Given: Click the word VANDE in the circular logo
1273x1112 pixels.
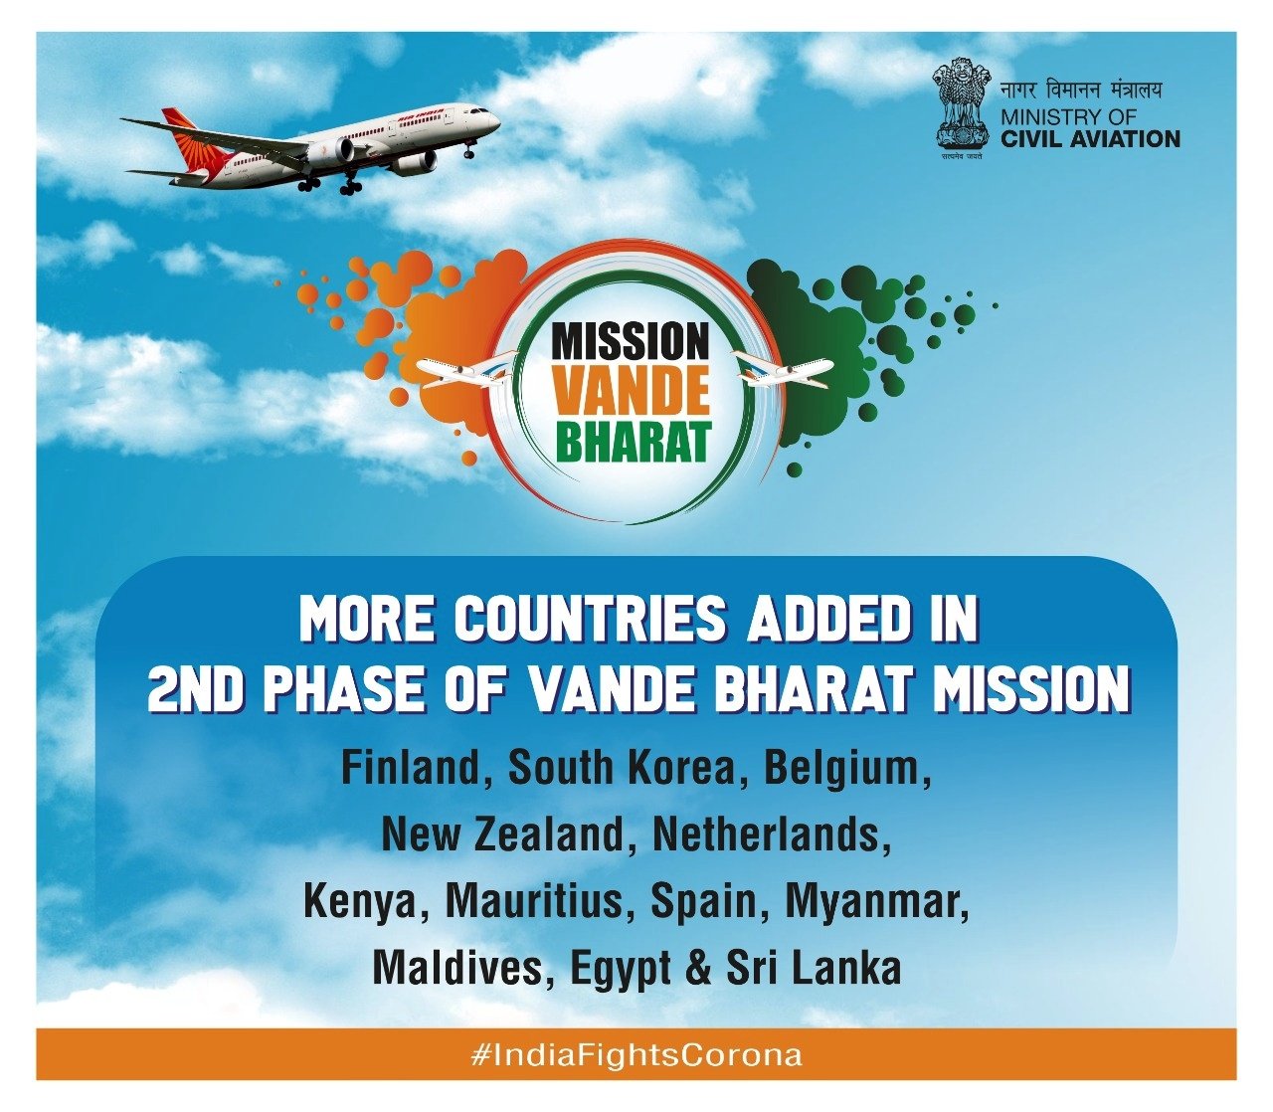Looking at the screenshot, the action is coord(632,393).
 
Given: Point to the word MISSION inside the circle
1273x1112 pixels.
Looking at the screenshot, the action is coord(631,342).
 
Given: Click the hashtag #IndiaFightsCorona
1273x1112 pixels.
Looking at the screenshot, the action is coord(636,1055).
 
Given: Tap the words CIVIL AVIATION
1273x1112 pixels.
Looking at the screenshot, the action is coord(1090,138).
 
